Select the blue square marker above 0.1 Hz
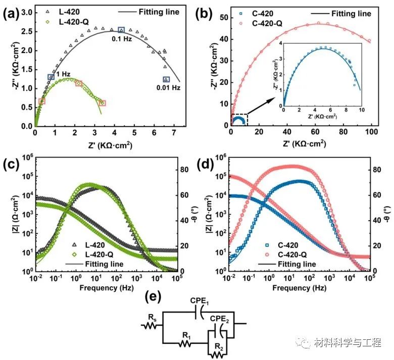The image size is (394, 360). [x=121, y=30]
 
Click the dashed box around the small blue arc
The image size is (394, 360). [x=239, y=120]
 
